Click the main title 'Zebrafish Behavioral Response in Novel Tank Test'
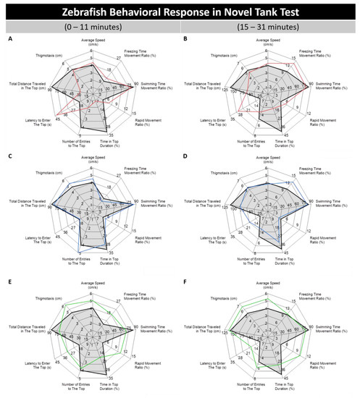coord(180,10)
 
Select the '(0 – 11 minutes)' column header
coord(90,28)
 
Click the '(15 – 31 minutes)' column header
coord(269,28)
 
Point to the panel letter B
coord(187,41)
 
